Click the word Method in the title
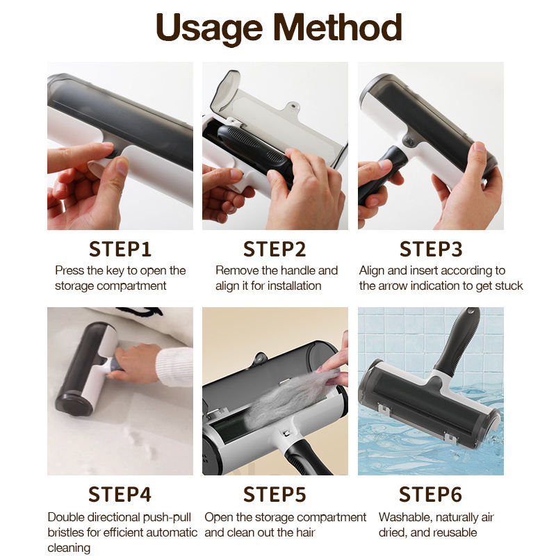tap(338, 27)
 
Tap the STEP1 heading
tap(120, 249)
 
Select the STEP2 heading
tap(275, 249)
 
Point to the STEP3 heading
tap(431, 249)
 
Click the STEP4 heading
tap(120, 494)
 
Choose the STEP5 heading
tap(275, 494)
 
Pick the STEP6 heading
tap(430, 494)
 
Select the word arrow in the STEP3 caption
tap(393, 286)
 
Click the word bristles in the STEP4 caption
tap(67, 532)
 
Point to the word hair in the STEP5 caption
tap(305, 532)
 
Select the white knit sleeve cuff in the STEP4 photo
tap(174, 366)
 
